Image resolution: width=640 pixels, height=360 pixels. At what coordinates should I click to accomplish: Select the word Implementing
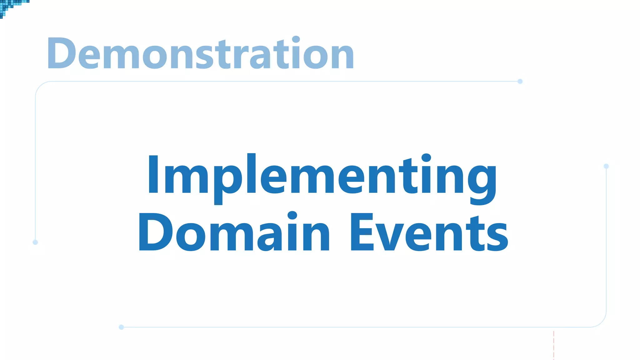322,177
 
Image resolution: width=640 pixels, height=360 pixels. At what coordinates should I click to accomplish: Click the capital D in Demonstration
61,53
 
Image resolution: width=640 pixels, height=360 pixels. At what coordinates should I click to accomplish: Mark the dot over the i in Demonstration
296,40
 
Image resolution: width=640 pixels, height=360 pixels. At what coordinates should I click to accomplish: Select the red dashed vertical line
553,345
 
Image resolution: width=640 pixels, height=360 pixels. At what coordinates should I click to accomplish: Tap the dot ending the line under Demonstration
520,82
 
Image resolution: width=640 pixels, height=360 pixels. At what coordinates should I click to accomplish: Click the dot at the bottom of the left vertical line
35,242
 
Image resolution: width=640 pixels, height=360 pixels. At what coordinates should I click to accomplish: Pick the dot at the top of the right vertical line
606,166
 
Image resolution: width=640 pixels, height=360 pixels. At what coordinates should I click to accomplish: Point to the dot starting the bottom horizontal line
122,327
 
